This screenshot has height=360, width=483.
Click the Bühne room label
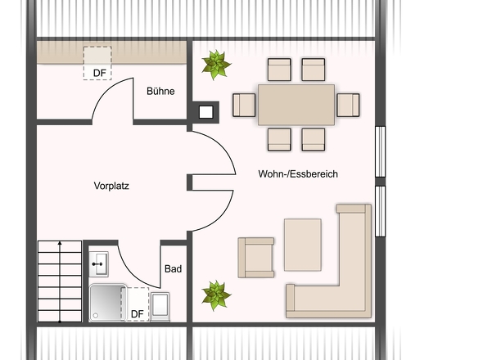(x=160, y=91)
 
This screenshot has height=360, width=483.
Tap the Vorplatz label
(x=111, y=186)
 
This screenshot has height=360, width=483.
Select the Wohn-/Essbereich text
(x=298, y=174)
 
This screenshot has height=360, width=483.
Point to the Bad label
(x=173, y=269)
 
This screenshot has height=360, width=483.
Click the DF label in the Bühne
(x=100, y=73)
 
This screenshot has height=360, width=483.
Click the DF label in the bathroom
(x=138, y=314)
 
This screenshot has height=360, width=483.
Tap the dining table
(x=296, y=105)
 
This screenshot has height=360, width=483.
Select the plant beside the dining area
(x=216, y=65)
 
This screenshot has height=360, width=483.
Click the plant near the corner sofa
(x=216, y=295)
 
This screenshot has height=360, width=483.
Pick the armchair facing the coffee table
(x=256, y=258)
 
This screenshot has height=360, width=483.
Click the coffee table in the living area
(x=303, y=245)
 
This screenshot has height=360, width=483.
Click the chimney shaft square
(x=205, y=112)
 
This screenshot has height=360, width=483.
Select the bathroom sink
(x=98, y=264)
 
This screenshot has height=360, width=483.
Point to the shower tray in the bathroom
(x=107, y=303)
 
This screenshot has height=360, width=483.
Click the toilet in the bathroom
(x=160, y=307)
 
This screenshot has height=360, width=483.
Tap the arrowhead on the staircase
(x=60, y=243)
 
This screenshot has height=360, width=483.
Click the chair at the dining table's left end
(x=244, y=106)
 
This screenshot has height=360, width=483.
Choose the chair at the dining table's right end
(x=348, y=105)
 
